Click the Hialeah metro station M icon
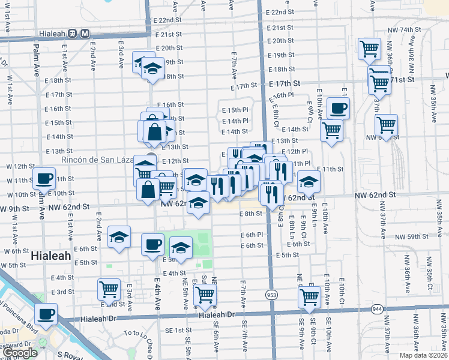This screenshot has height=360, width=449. point(85,34)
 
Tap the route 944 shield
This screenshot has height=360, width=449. point(378,308)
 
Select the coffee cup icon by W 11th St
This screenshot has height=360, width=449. point(44,178)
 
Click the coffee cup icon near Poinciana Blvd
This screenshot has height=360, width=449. point(44,313)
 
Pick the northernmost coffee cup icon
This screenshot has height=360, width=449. point(338,108)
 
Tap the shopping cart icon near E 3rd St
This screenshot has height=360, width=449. point(109,289)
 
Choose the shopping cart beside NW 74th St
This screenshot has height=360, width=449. point(369,48)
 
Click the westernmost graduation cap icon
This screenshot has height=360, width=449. point(119,236)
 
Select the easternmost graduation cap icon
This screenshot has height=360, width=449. point(309,180)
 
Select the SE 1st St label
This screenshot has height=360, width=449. point(178,331)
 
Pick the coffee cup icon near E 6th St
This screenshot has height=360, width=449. point(152,244)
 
